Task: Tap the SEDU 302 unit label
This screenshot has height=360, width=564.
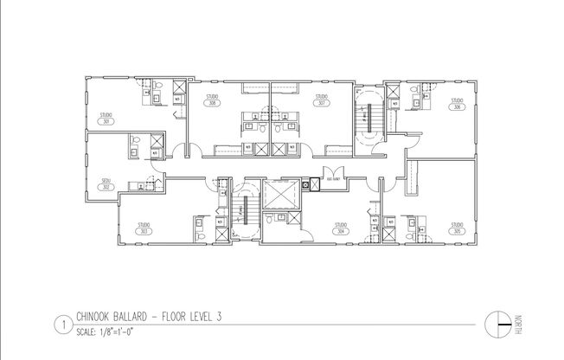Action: pos(106,183)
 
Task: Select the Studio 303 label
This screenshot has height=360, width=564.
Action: pos(144,229)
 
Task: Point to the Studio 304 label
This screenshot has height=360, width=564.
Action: pos(342,229)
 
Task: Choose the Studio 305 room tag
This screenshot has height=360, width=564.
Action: pos(456,229)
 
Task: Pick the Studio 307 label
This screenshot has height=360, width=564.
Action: pos(321,99)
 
